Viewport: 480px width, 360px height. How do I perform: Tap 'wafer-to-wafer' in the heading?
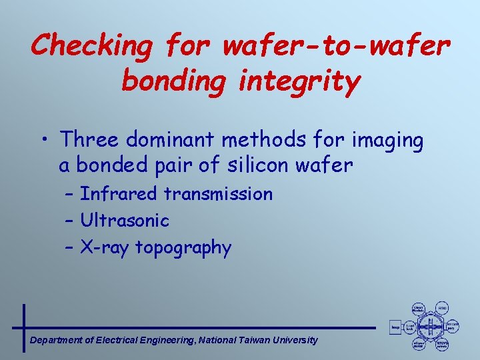click(337, 45)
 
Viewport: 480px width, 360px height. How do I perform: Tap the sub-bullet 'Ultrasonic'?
click(125, 220)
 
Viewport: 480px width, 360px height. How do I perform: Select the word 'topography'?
click(183, 249)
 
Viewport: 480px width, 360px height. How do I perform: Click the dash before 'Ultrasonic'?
click(71, 220)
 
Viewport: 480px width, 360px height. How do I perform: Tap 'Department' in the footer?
click(57, 341)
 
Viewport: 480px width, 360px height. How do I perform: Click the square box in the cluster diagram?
click(395, 327)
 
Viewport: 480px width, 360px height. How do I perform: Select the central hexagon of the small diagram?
click(430, 327)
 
